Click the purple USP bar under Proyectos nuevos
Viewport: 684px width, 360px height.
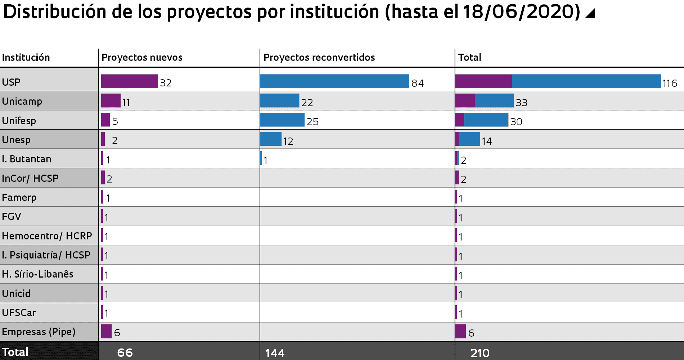[129, 81]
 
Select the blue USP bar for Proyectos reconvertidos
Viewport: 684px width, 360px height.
[334, 81]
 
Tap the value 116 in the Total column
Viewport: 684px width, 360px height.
[670, 83]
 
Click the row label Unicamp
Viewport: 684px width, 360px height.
[22, 101]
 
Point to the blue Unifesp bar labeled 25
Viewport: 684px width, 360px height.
[282, 120]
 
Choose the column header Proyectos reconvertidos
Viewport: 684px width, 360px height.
[319, 57]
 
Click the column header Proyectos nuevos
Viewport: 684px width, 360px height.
[142, 57]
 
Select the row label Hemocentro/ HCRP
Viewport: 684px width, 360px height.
[47, 236]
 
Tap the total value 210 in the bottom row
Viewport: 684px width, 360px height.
[480, 353]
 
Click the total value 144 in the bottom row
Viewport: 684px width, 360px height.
[275, 353]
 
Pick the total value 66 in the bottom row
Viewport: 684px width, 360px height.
[125, 352]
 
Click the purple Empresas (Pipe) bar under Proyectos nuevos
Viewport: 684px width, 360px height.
[106, 331]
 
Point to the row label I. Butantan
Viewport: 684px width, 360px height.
[26, 159]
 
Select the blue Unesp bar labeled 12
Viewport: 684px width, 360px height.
[271, 139]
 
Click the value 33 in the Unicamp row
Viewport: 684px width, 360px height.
[521, 103]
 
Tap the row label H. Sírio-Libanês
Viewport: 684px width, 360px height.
[37, 274]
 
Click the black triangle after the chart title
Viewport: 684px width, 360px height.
[590, 13]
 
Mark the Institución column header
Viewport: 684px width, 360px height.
[26, 57]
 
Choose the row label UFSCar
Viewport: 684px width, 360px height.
[19, 312]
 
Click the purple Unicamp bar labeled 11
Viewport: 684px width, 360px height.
[111, 100]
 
